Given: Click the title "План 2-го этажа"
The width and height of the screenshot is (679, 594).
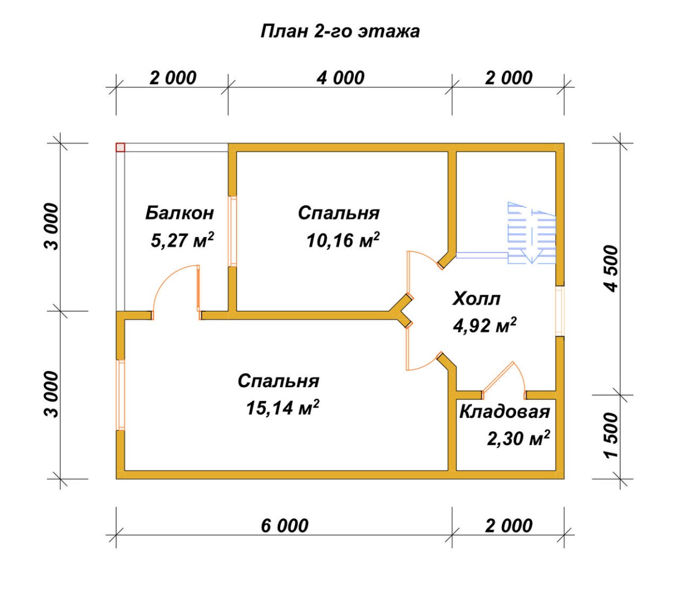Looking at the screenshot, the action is tap(340, 32).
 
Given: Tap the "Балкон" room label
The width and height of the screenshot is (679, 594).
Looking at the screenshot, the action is tap(179, 213).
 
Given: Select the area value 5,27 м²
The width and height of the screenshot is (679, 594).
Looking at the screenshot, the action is tap(182, 240).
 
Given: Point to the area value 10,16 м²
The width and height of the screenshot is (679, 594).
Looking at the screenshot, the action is tap(343, 240).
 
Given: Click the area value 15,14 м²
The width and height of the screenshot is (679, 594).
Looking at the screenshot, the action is tap(282, 408).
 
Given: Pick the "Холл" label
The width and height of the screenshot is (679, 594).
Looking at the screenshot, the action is tap(477, 299).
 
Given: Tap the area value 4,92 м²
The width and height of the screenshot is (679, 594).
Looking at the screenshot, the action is tap(485, 326).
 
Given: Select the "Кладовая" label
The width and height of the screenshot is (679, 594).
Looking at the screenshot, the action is tap(505, 413).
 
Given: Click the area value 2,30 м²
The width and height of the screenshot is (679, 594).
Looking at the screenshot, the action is tap(518, 438).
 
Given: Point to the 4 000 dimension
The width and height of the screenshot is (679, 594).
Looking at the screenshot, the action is tap(341, 78).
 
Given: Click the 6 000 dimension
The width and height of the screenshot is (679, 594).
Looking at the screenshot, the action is tap(284, 526).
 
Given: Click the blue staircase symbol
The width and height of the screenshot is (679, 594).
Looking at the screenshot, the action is tap(531, 233).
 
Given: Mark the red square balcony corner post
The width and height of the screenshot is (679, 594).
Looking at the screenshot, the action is tap(120, 147).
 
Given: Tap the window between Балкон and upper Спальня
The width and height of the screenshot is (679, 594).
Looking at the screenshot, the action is tap(233, 231).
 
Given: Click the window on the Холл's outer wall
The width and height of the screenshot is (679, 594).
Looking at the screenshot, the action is tap(560, 311).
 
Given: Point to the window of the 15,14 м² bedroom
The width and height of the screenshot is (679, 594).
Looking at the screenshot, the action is tap(120, 395).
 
